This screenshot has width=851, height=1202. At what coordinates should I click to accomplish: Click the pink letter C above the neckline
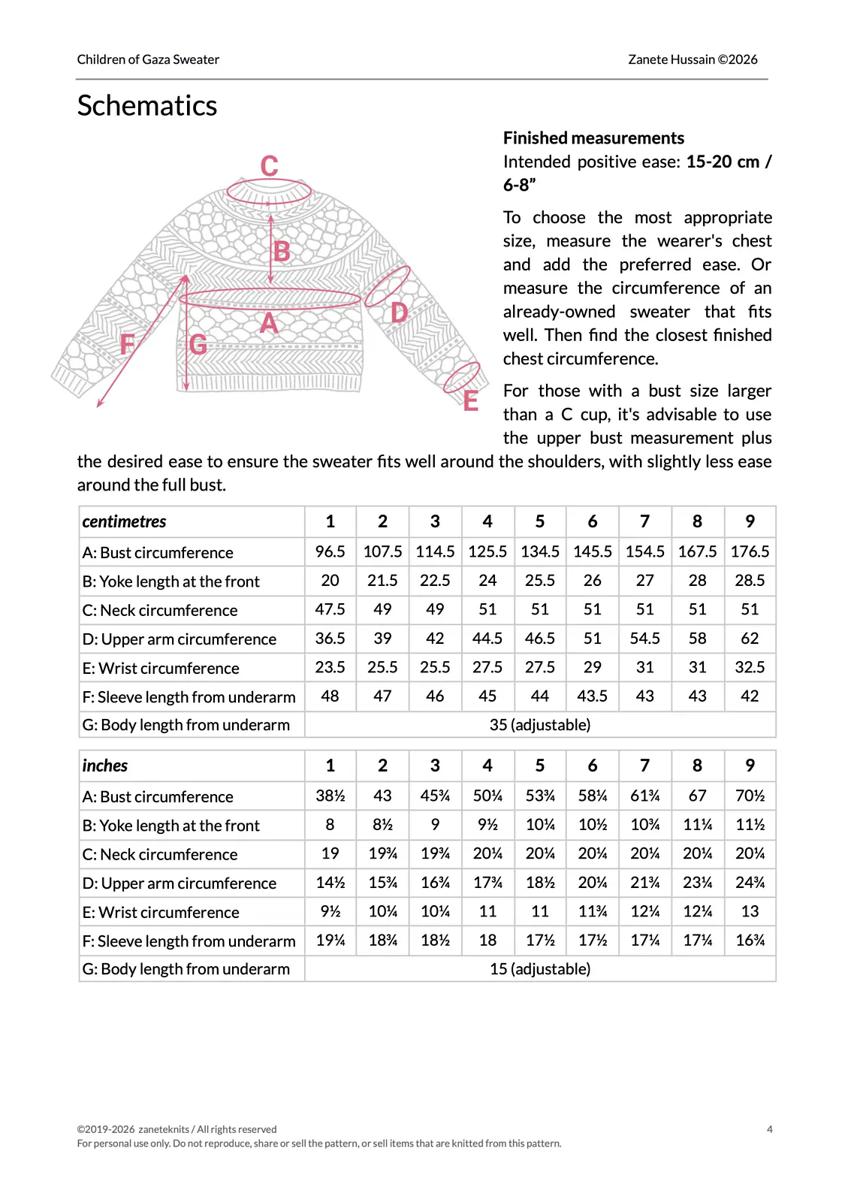tap(269, 166)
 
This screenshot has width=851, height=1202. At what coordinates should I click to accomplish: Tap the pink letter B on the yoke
tap(282, 252)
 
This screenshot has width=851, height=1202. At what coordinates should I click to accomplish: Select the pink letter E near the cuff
tap(471, 401)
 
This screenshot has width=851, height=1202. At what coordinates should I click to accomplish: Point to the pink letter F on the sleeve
tap(128, 345)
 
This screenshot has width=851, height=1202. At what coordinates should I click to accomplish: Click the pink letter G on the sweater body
tap(198, 345)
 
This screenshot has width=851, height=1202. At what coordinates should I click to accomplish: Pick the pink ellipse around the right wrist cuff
tap(461, 376)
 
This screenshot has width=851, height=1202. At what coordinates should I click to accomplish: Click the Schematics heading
tap(147, 106)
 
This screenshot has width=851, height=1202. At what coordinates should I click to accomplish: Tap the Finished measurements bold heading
tap(593, 138)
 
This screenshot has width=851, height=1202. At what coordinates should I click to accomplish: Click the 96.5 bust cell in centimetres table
tap(330, 551)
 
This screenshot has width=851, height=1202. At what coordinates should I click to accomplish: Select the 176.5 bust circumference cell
tap(750, 551)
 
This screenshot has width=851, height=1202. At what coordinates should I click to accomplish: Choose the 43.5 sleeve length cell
tap(592, 696)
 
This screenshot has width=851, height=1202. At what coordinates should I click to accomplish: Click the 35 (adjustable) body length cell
tap(539, 725)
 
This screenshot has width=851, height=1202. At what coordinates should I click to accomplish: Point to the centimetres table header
tap(125, 521)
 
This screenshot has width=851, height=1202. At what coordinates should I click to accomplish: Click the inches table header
tap(105, 766)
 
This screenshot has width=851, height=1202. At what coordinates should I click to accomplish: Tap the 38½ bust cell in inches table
tap(330, 796)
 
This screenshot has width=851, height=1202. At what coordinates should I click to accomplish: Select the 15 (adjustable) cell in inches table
tap(539, 969)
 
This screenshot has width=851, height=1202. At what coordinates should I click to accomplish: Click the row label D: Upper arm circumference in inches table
tap(180, 883)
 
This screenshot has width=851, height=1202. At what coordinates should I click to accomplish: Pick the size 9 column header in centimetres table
tap(750, 521)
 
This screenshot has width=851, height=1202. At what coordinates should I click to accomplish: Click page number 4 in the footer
tap(769, 1129)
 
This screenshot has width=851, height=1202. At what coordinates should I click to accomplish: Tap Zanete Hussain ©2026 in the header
tap(693, 59)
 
